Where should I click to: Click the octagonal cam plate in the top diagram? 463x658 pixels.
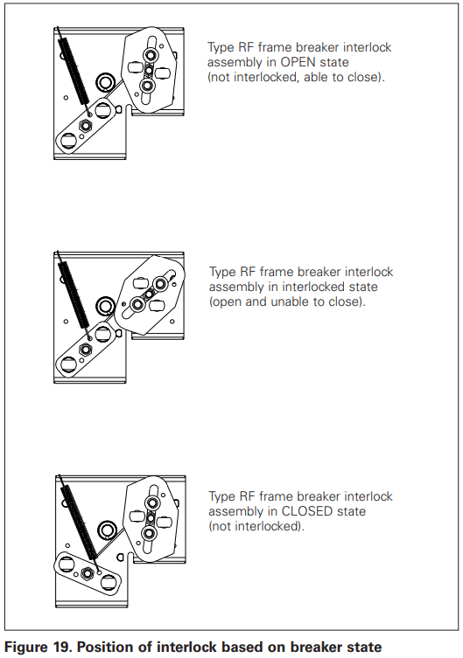pos(150,71)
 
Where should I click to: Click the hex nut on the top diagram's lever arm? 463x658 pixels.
pos(86,126)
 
